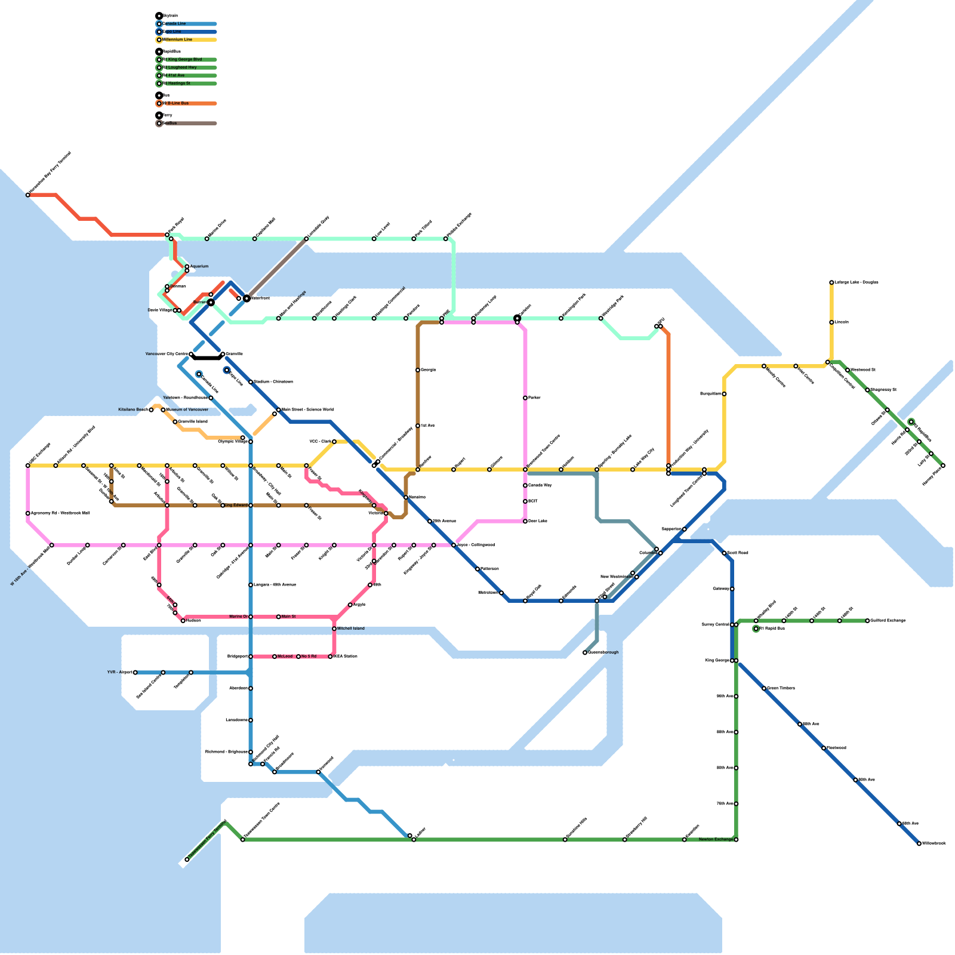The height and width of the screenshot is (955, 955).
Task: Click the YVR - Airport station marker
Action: (135, 673)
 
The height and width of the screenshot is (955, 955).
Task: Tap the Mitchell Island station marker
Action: (334, 629)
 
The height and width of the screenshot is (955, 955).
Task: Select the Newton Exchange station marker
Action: (736, 840)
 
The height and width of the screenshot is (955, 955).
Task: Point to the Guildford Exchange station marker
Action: (867, 621)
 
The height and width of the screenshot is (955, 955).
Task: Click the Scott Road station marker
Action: (724, 553)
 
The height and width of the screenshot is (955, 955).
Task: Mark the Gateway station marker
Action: (732, 589)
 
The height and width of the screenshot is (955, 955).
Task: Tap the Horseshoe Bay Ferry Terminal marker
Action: (28, 195)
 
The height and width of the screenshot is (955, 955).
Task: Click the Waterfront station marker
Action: (247, 298)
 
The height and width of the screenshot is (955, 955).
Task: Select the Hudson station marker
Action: (183, 621)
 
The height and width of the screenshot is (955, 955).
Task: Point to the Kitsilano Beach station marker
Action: (151, 410)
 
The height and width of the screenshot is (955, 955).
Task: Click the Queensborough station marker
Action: (585, 652)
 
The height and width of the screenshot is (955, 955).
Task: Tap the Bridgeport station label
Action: (238, 657)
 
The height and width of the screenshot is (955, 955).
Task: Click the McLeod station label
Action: (285, 657)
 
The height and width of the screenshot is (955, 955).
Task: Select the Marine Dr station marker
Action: (251, 617)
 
